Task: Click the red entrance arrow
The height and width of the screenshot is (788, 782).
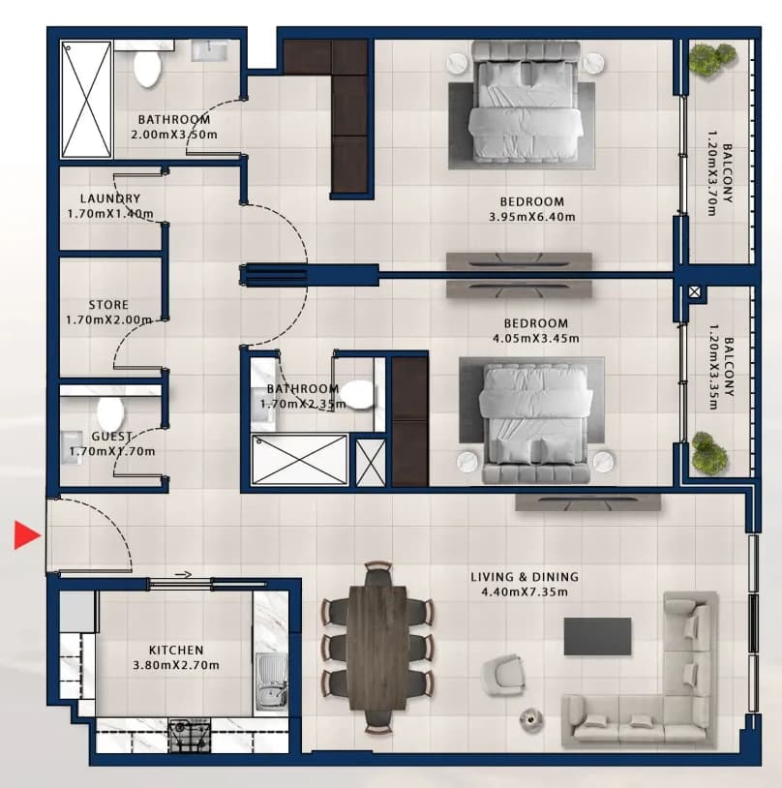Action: pyautogui.click(x=26, y=534)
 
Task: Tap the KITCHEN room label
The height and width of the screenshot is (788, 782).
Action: pyautogui.click(x=176, y=650)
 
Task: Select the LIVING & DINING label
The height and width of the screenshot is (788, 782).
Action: pyautogui.click(x=525, y=576)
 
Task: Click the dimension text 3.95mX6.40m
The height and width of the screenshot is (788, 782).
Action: pyautogui.click(x=532, y=217)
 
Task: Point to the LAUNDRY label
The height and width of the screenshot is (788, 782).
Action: pyautogui.click(x=110, y=198)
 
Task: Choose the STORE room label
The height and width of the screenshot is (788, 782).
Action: pyautogui.click(x=108, y=305)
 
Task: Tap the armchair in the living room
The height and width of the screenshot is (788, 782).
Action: pyautogui.click(x=503, y=675)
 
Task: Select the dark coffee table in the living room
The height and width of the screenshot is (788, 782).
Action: pyautogui.click(x=597, y=636)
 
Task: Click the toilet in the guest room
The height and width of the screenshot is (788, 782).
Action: pyautogui.click(x=110, y=412)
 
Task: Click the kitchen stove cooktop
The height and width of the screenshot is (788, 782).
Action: pyautogui.click(x=190, y=735)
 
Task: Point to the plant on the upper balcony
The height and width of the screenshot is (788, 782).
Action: pyautogui.click(x=711, y=60)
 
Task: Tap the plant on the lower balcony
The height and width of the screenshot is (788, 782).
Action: pyautogui.click(x=709, y=454)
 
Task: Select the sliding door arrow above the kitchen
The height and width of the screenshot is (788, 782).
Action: pyautogui.click(x=184, y=574)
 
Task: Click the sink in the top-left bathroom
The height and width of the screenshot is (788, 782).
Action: pyautogui.click(x=210, y=50)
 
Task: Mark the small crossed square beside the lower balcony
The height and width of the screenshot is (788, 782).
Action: pyautogui.click(x=695, y=291)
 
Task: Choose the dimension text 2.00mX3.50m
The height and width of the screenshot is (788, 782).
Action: pyautogui.click(x=174, y=135)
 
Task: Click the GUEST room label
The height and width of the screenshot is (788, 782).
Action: pyautogui.click(x=111, y=437)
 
